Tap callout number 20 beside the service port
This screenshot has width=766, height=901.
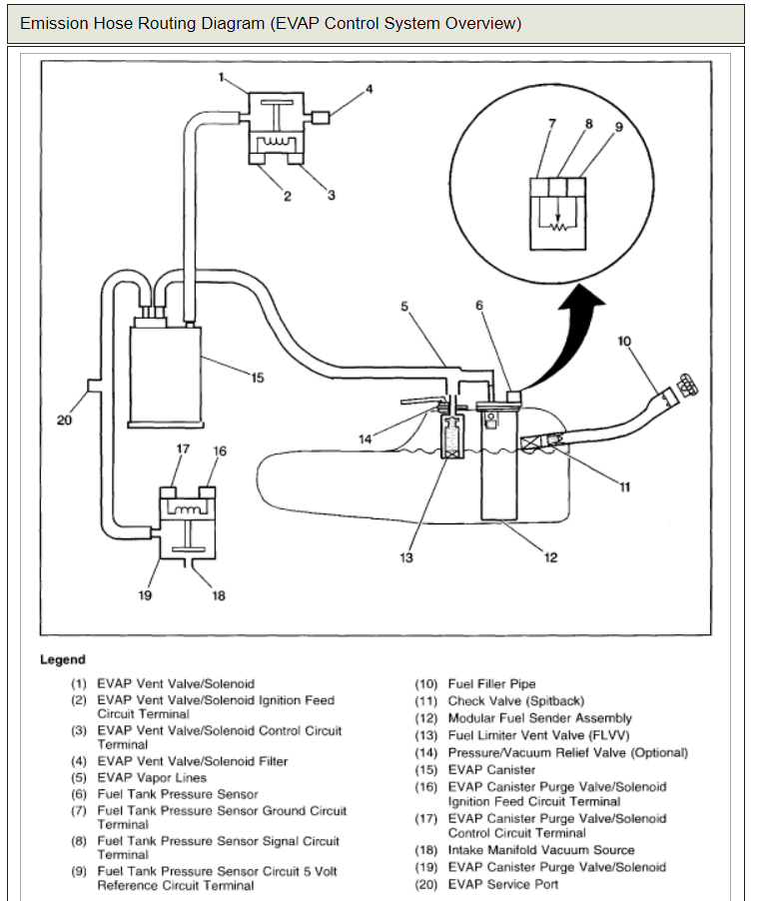pos(64,421)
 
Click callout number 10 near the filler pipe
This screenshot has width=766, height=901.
pos(624,342)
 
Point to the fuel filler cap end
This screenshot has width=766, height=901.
pos(686,384)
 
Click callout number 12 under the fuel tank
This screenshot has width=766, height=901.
pos(550,557)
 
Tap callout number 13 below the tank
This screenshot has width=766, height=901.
pos(406,557)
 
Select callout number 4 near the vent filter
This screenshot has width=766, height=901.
pos(369,89)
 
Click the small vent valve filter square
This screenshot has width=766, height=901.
pos(321,117)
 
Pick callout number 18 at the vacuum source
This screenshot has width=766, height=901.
pos(219,595)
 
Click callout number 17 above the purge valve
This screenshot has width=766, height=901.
pos(183,450)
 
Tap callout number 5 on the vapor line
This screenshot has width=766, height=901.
pos(405,307)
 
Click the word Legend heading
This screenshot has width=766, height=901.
pos(63,659)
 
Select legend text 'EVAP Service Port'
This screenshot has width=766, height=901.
pos(502,884)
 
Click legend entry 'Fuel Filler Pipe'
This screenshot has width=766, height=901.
pos(491,684)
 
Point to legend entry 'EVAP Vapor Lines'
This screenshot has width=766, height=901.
pos(152,777)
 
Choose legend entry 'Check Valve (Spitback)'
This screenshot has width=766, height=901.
pos(515,701)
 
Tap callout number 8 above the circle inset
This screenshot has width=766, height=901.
pos(588,124)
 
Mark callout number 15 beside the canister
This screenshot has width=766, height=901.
pos(257,378)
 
